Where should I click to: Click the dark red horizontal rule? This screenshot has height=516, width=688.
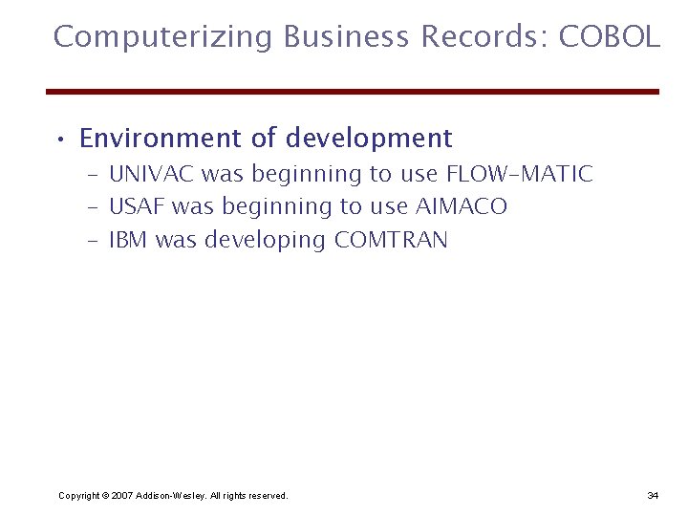[x=353, y=92]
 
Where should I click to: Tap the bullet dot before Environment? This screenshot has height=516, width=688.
[x=60, y=141]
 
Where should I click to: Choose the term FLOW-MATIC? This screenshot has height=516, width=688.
[x=520, y=174]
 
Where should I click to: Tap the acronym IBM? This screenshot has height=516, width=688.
[x=129, y=239]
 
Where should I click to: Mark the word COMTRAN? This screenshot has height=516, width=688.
[x=391, y=239]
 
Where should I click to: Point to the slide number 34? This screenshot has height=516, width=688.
[x=653, y=495]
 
